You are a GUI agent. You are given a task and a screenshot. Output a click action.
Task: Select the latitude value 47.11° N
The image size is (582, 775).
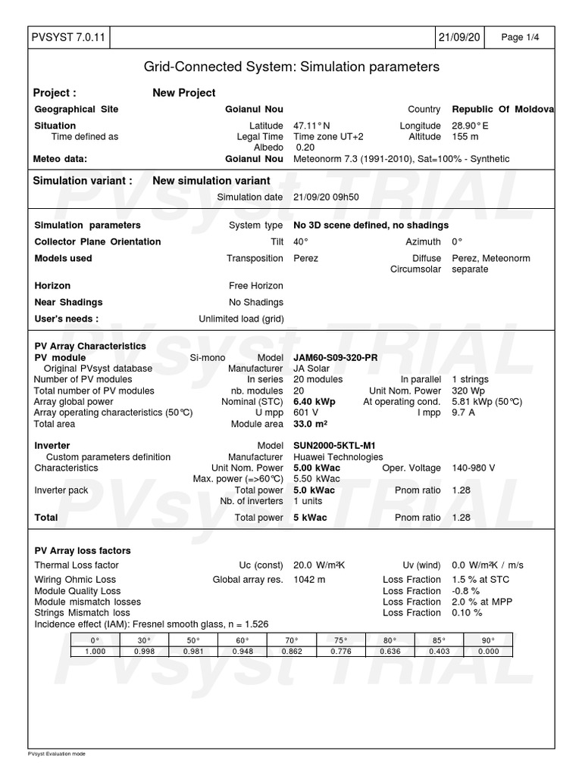(x=311, y=126)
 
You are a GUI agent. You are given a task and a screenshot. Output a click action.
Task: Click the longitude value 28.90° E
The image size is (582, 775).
(x=470, y=126)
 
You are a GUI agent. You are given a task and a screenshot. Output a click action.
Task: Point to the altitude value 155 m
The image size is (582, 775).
(x=465, y=137)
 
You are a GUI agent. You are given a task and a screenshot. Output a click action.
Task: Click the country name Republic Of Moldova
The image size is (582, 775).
(x=503, y=109)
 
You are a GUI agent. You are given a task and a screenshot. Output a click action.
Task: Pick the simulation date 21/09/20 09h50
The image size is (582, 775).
(x=326, y=198)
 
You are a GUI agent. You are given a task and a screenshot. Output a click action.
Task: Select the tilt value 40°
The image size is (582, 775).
(x=301, y=242)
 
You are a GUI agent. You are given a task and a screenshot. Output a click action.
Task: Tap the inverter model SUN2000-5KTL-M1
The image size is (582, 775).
(x=335, y=446)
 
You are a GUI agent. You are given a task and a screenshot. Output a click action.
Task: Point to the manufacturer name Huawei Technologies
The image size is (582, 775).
(x=338, y=457)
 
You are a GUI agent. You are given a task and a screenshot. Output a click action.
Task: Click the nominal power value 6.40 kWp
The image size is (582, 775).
(x=314, y=402)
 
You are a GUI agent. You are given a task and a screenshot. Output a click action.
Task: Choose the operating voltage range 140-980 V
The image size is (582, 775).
(x=473, y=468)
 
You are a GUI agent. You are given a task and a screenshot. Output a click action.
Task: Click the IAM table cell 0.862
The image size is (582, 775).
(x=292, y=651)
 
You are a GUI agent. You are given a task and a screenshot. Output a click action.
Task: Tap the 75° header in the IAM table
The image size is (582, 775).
(x=341, y=640)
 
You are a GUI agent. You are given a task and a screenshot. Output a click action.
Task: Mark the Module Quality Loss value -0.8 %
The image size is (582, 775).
(x=465, y=591)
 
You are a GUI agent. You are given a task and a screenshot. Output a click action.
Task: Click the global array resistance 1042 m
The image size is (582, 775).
(x=309, y=580)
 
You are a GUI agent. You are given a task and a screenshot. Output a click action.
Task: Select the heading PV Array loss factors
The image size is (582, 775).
(x=83, y=551)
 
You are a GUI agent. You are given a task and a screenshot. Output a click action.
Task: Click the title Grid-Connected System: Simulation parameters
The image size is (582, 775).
(x=292, y=67)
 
